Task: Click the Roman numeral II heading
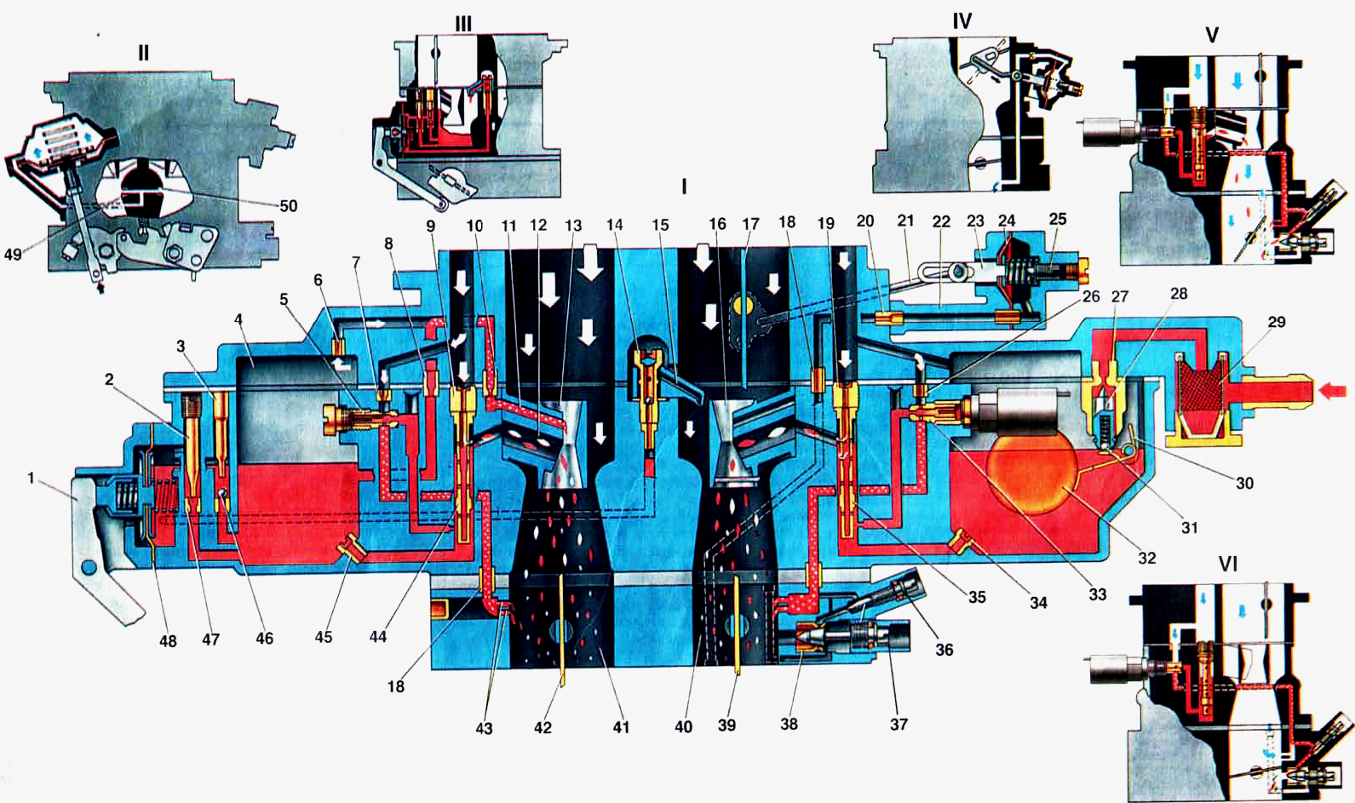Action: tap(143, 53)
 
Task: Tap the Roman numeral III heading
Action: tap(462, 24)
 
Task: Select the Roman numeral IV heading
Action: tap(962, 21)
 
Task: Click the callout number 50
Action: tap(289, 206)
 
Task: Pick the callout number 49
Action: tap(13, 255)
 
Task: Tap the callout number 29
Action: tap(1277, 322)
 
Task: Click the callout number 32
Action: tap(1147, 558)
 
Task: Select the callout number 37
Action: tap(899, 724)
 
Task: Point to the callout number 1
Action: tap(31, 479)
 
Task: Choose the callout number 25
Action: tap(1058, 218)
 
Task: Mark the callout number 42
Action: tap(543, 727)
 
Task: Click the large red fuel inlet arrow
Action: tap(1333, 391)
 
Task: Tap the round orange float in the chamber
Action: tap(1032, 473)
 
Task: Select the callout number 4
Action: tap(239, 318)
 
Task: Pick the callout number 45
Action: tap(324, 637)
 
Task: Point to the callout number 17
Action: tap(750, 224)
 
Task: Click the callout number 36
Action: tap(944, 650)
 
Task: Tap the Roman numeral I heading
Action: tap(684, 186)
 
